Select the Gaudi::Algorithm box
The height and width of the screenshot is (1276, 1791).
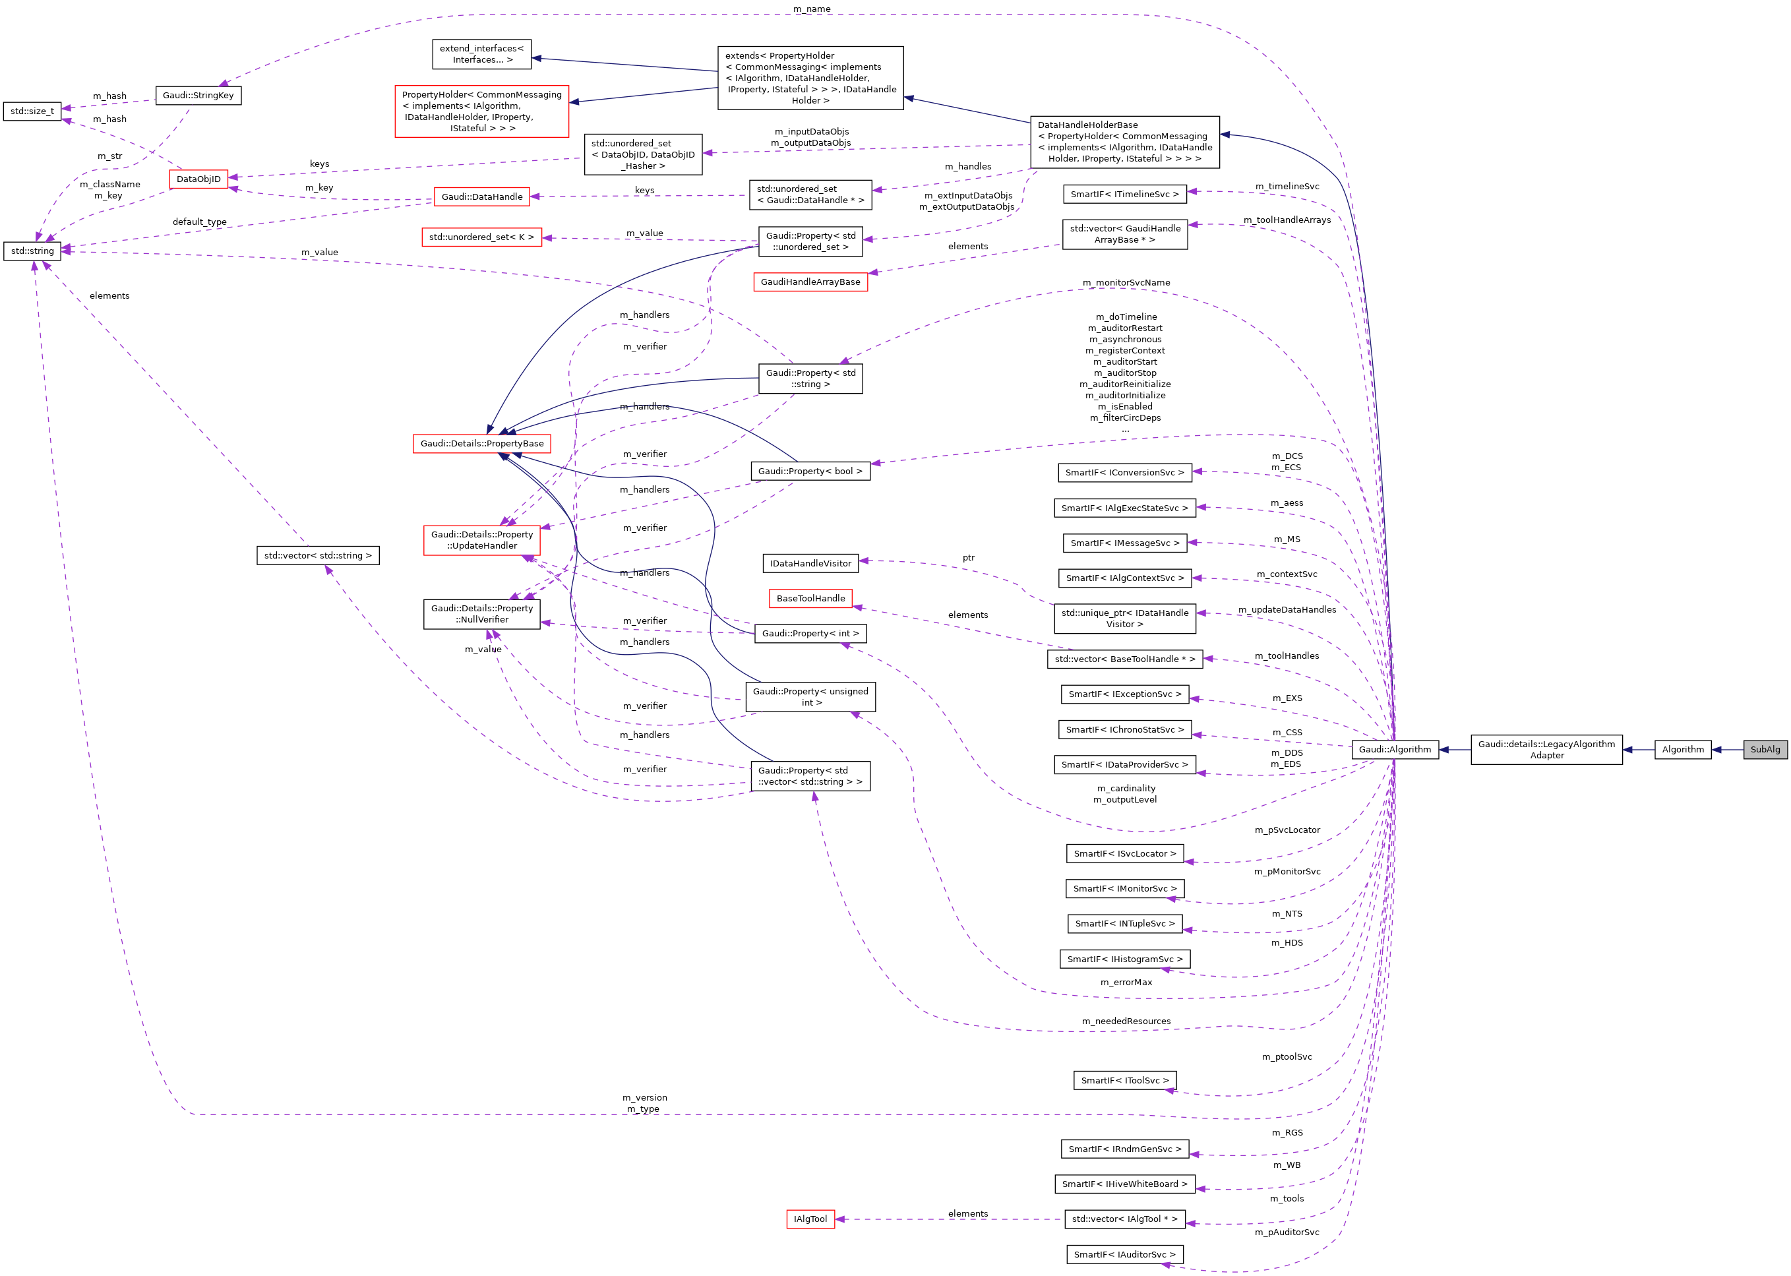pos(1394,750)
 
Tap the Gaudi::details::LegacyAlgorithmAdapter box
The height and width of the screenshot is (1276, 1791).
pos(1546,750)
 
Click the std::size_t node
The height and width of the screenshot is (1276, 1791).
pos(32,111)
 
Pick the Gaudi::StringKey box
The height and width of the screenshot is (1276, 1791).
pos(198,96)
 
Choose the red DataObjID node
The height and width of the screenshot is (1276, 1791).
pos(198,179)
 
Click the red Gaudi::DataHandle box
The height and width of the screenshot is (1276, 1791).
pos(481,197)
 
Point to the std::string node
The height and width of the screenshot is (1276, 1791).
pos(32,251)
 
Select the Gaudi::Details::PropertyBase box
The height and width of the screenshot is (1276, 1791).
pos(481,444)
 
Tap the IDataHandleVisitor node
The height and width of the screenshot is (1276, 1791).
pos(810,563)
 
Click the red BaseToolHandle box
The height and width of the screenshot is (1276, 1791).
pos(810,599)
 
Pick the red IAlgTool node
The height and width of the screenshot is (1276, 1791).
pos(810,1219)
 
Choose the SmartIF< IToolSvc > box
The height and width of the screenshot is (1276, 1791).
pos(1124,1081)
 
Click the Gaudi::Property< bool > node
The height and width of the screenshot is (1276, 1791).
pos(810,471)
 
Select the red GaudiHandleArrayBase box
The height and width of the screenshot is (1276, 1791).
pos(810,282)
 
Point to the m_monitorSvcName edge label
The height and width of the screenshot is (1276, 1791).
pos(1126,283)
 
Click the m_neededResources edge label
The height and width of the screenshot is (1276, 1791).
pos(1126,1021)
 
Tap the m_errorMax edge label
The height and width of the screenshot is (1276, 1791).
pos(1126,983)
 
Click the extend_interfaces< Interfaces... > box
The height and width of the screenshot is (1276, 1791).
pos(481,54)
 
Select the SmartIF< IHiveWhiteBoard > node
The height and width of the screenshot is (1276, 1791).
pos(1124,1184)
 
